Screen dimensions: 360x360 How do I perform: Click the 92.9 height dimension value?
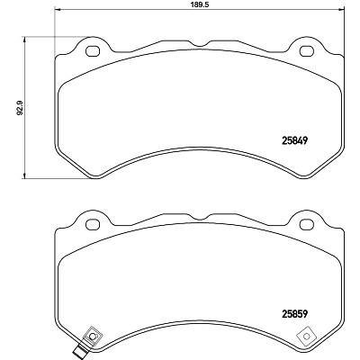pos(20,108)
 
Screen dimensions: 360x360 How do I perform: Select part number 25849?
pos(295,140)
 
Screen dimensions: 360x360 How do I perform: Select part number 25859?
pos(295,314)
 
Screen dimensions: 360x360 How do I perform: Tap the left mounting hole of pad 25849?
pos(93,51)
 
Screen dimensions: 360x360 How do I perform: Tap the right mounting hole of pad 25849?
pos(307,51)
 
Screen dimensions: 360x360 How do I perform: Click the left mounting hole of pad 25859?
pos(93,224)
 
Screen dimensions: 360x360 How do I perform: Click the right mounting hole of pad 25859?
pos(307,224)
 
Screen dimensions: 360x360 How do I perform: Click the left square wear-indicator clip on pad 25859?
pos(93,336)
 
